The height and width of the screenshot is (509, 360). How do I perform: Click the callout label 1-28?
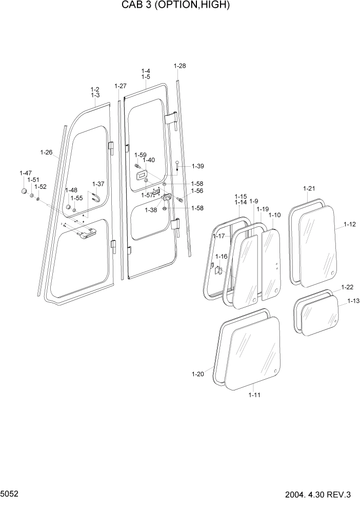click(179, 66)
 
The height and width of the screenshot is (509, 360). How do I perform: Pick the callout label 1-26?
click(46, 152)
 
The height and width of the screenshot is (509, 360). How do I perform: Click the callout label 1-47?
click(25, 173)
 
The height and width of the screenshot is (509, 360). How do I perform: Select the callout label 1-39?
click(198, 166)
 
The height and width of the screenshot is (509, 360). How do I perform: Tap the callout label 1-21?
click(309, 188)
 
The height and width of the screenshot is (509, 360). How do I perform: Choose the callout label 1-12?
click(350, 224)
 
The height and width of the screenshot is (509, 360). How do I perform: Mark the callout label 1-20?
click(198, 374)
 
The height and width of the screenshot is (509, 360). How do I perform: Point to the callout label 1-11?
click(254, 395)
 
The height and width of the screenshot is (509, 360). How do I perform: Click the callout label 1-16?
click(221, 256)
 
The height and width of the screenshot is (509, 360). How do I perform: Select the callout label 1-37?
click(98, 184)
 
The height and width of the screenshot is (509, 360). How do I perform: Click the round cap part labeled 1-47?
click(24, 191)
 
